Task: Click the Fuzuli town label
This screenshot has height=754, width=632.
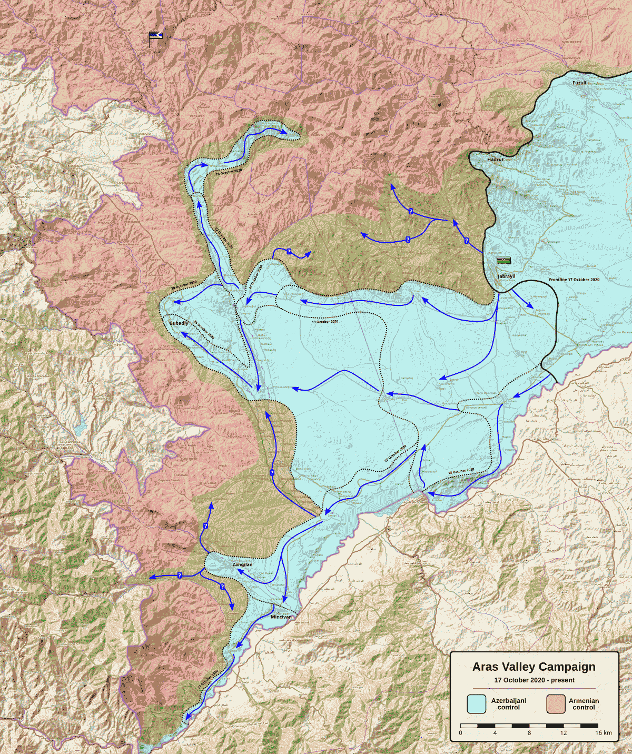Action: [579, 83]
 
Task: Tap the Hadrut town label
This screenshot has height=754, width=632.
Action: [495, 159]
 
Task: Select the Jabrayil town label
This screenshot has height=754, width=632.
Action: [507, 276]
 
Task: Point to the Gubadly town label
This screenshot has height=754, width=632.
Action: [179, 323]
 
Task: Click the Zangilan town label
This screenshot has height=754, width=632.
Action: [242, 564]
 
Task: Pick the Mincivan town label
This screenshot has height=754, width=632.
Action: [281, 617]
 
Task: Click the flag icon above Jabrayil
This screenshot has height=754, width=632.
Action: [504, 260]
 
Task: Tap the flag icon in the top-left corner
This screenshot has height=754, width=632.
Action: [156, 36]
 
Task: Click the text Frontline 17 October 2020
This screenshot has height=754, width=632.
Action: [574, 280]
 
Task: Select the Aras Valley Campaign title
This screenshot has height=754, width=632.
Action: [534, 667]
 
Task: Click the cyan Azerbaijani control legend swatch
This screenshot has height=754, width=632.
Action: [476, 704]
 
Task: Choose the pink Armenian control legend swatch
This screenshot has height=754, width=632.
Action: [556, 704]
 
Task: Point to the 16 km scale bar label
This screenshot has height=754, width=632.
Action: [604, 733]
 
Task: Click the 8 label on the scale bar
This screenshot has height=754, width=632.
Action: [529, 733]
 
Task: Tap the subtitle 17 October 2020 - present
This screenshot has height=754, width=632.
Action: [534, 680]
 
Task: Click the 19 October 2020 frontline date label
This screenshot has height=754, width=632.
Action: [325, 321]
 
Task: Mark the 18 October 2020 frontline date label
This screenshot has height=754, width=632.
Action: [461, 471]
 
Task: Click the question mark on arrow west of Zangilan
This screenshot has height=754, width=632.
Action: [180, 576]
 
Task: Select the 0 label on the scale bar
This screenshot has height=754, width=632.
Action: [460, 733]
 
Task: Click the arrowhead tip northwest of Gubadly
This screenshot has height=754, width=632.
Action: [175, 302]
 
